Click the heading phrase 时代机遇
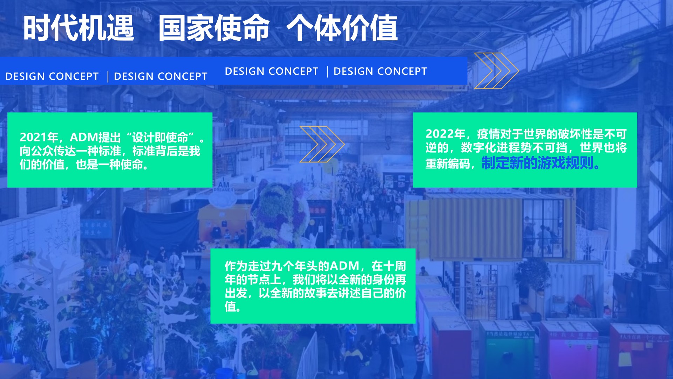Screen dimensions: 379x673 (x=79, y=28)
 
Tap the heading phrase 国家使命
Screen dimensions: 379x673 (x=214, y=28)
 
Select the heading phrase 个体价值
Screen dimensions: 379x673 (x=342, y=28)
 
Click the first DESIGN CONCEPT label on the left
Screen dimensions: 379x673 (x=52, y=76)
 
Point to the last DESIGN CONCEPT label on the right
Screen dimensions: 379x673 (x=380, y=71)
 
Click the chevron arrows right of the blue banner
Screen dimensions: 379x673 (x=496, y=71)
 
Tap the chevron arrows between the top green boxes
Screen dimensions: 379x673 (x=322, y=144)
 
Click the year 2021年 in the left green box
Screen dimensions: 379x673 (x=39, y=137)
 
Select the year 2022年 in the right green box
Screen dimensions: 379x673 (x=445, y=134)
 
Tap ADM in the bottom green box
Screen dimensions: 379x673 (x=344, y=266)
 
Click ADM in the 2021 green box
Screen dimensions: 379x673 (x=84, y=137)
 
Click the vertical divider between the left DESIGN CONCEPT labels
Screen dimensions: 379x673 (x=108, y=77)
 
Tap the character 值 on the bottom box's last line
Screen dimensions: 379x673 (x=230, y=307)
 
